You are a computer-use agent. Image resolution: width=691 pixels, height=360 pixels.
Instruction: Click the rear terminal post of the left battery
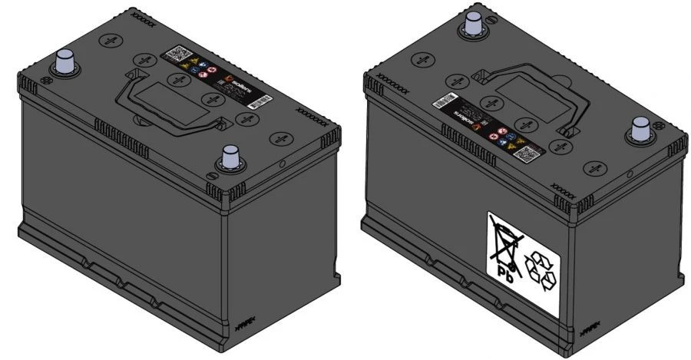[64, 61]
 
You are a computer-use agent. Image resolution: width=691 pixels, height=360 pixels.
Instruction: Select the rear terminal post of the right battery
[470, 25]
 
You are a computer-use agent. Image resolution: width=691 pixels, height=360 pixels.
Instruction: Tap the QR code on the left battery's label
[177, 55]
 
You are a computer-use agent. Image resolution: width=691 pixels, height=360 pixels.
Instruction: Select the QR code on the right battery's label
[527, 152]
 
